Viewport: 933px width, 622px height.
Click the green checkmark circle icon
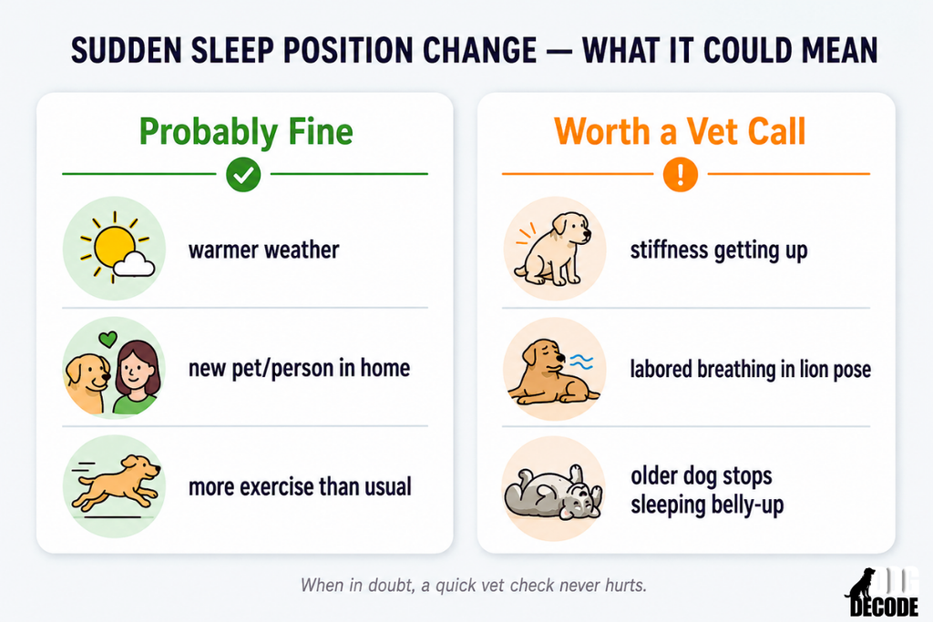[x=243, y=174]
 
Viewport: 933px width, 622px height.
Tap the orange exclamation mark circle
[x=680, y=174]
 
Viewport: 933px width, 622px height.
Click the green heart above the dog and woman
[x=108, y=339]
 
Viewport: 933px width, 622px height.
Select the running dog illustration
[x=115, y=482]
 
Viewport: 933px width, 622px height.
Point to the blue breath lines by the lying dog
[x=581, y=362]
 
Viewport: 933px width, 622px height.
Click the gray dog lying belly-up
[x=553, y=493]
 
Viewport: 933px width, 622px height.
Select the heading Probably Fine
[x=246, y=131]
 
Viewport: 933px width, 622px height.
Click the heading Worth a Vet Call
[x=680, y=131]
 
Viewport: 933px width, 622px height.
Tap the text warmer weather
[x=263, y=250]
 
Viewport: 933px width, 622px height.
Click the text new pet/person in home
[x=299, y=368]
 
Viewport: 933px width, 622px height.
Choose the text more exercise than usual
[x=300, y=486]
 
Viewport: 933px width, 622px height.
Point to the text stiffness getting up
[x=719, y=250]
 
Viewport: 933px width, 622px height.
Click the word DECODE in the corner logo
[x=884, y=607]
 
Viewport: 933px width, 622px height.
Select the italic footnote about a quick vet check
[x=474, y=586]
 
